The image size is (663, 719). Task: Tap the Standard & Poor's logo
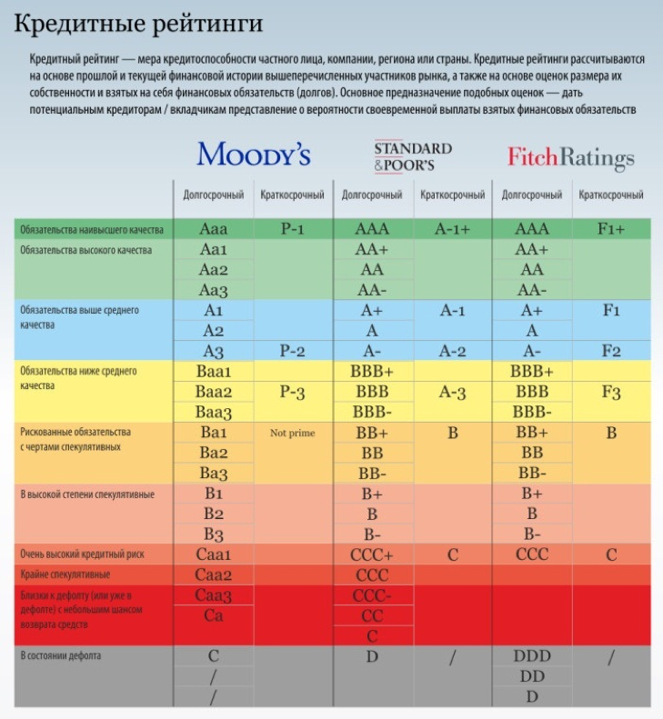[412, 156]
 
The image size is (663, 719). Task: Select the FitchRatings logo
[570, 157]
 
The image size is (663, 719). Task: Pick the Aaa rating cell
[214, 229]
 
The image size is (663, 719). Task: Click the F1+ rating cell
[611, 229]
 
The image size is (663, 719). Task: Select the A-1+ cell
[452, 229]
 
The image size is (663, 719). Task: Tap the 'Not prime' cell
[292, 434]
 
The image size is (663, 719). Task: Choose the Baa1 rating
[214, 372]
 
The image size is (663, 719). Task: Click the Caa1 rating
[214, 554]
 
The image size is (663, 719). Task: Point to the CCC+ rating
[372, 554]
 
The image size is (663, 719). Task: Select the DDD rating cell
[532, 655]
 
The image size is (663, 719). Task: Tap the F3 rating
[611, 392]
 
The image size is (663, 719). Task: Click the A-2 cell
[452, 351]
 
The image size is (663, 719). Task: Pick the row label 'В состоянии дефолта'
[60, 654]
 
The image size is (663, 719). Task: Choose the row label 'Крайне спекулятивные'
[65, 574]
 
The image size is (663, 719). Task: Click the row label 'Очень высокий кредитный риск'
[82, 554]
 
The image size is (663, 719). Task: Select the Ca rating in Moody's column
[214, 615]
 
